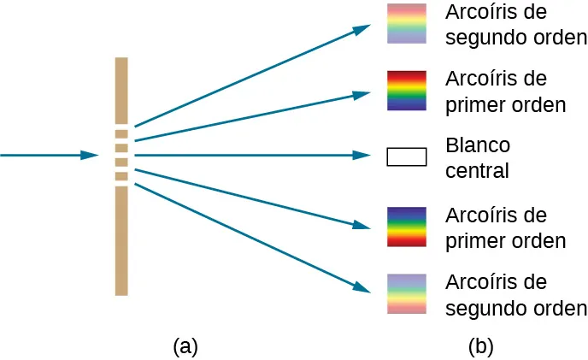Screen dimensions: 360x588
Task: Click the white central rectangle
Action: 406,156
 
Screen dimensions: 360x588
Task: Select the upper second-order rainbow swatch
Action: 406,23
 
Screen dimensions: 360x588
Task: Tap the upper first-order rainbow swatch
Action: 406,91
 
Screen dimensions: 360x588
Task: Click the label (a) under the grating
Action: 185,346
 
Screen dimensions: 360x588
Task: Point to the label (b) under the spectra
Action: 480,346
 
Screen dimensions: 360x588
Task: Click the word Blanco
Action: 478,144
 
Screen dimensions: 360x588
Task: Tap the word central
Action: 477,170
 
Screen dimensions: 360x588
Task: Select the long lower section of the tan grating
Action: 121,239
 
